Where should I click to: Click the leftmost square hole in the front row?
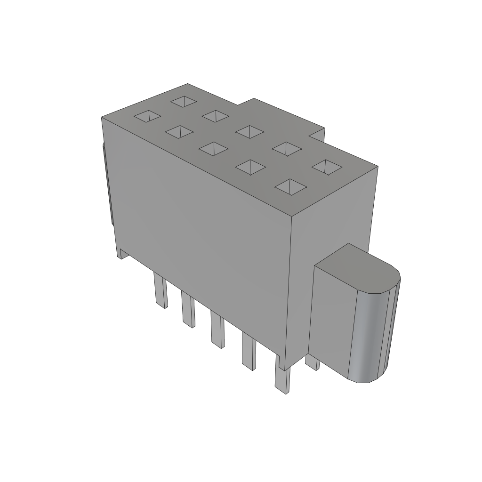(x=147, y=116)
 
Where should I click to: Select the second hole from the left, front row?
(x=179, y=132)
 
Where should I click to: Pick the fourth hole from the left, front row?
(x=250, y=167)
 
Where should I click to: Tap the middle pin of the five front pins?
(x=217, y=330)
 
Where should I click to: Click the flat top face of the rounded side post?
(x=358, y=268)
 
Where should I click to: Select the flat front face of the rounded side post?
(x=331, y=320)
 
